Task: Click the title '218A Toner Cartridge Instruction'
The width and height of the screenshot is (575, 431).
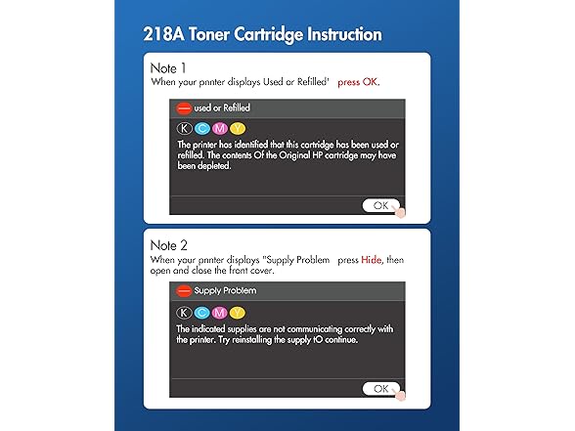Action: coord(263,35)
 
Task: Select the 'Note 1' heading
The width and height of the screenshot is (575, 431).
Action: coord(172,69)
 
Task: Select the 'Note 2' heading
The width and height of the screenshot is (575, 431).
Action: coord(172,245)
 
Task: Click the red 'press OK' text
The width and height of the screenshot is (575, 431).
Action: coord(358,83)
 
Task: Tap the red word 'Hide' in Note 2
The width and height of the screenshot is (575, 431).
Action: coord(372,261)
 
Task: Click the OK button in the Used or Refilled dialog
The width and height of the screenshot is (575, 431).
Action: coord(381,205)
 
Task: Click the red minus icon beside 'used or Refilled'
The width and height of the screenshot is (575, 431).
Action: coord(183,108)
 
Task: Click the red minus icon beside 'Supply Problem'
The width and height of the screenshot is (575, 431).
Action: coord(183,290)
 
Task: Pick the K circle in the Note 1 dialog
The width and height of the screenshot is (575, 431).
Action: coord(183,128)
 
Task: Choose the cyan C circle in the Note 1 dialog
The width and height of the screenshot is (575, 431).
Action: coord(200,128)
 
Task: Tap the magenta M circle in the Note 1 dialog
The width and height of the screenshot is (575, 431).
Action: coord(219,128)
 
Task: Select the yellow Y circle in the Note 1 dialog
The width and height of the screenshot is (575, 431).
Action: coord(237,128)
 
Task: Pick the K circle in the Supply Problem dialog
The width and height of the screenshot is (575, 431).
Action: coord(183,312)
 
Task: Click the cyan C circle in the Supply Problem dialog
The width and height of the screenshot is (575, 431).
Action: coord(200,312)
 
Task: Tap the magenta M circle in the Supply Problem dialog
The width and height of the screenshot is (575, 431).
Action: coord(219,312)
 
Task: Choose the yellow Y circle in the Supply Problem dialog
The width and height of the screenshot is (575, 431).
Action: coord(237,312)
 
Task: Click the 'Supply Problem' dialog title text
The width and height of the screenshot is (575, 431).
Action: coord(225,290)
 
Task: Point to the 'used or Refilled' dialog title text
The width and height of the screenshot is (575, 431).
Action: coord(223,108)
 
